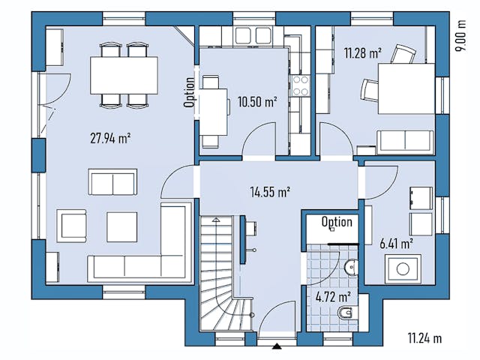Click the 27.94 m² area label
[111, 137]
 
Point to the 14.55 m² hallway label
[270, 192]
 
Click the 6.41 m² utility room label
[397, 243]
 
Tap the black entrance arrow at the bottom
[278, 346]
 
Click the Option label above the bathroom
[337, 222]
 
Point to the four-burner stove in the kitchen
[301, 85]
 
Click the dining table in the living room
[124, 75]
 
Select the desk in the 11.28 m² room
[406, 87]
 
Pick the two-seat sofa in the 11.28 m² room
[404, 140]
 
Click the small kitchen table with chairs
[214, 109]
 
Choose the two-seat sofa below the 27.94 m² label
[112, 181]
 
